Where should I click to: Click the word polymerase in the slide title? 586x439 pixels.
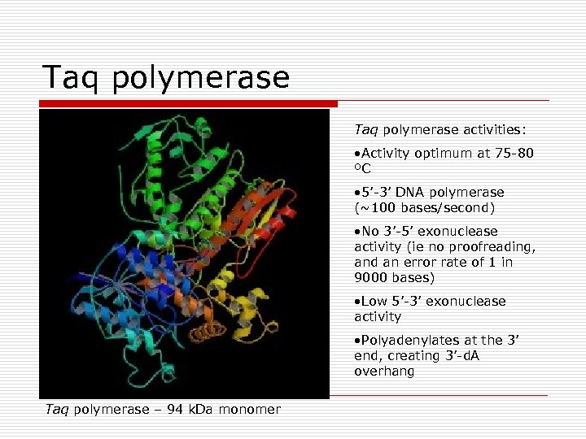(x=202, y=78)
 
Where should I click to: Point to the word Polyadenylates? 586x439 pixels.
(x=401, y=341)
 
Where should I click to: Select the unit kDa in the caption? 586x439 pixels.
(x=203, y=410)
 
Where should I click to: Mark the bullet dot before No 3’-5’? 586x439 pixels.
(x=357, y=233)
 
